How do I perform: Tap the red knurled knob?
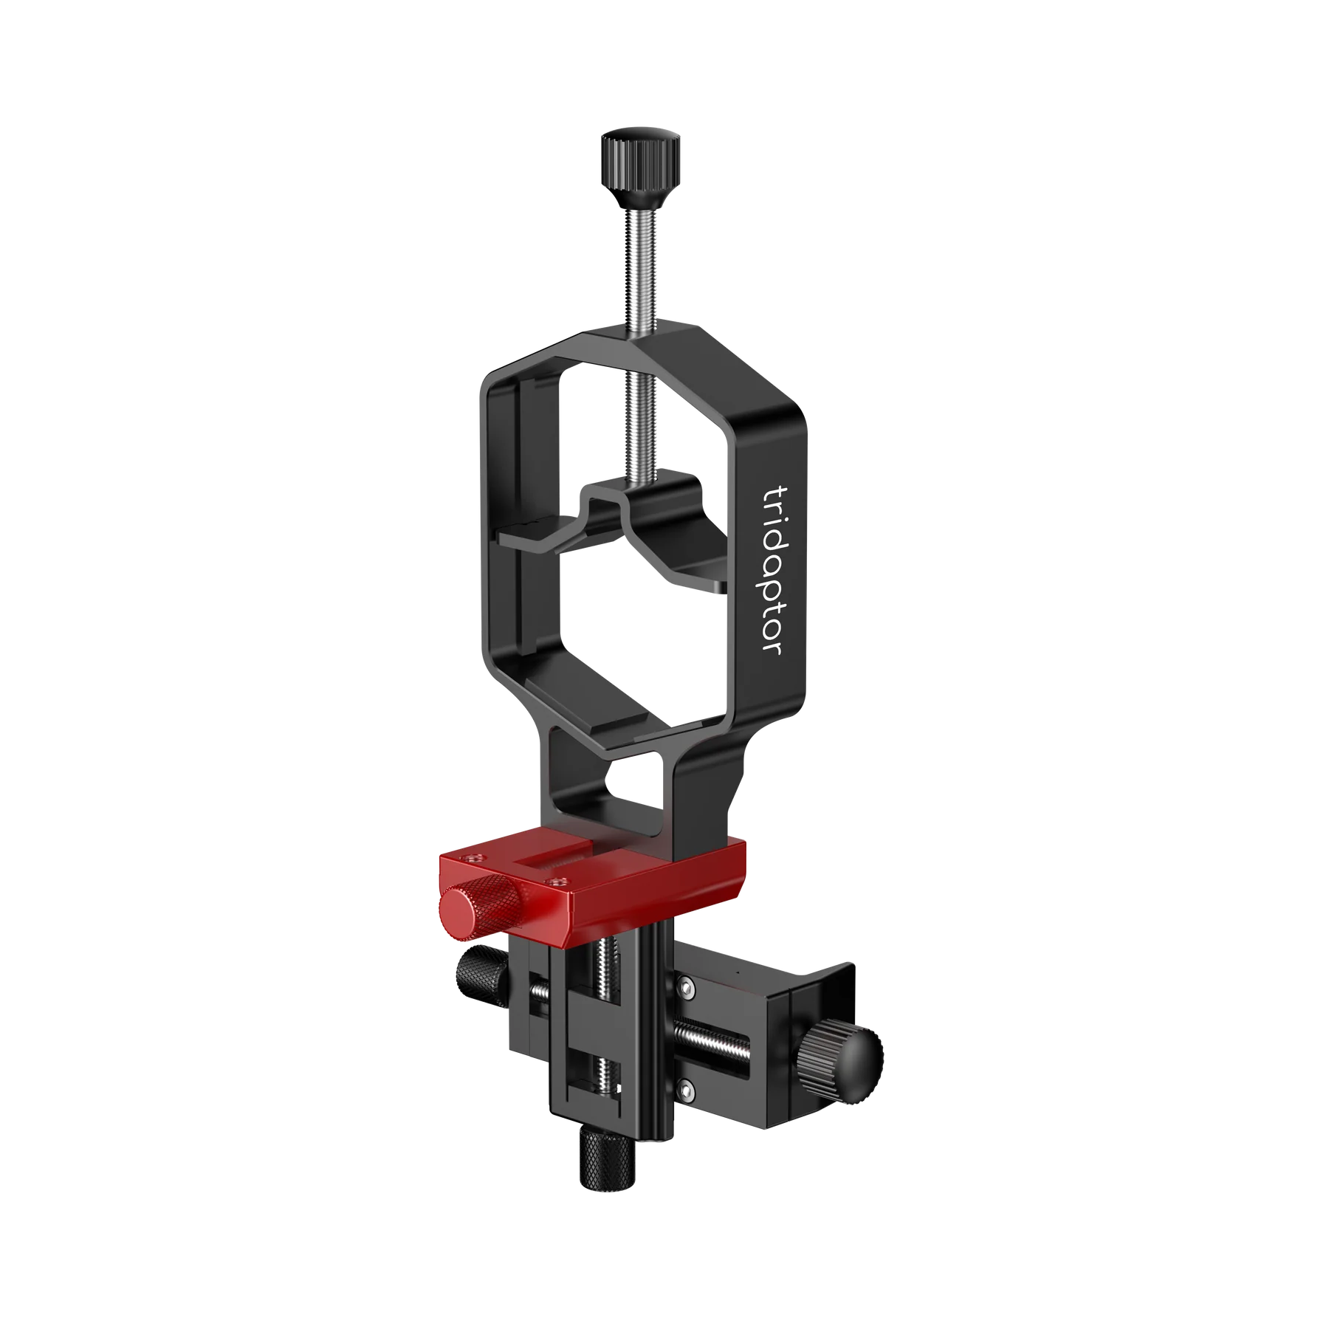(483, 907)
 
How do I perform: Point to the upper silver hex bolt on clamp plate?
(687, 986)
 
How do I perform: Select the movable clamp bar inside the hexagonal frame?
(613, 517)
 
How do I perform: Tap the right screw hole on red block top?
(557, 880)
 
